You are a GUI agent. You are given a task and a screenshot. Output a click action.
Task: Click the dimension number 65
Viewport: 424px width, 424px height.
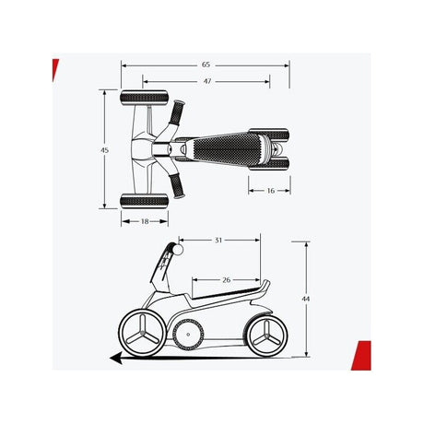click(206, 65)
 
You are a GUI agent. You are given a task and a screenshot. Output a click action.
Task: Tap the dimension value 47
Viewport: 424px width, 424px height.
click(207, 81)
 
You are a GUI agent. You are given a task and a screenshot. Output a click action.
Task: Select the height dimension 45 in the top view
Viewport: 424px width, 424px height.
click(105, 150)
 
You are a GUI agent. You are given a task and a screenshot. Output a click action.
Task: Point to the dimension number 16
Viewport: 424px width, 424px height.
click(270, 191)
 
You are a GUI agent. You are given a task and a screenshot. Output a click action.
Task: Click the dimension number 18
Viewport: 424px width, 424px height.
click(145, 221)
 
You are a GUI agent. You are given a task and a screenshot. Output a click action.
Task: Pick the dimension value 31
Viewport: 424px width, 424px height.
click(218, 241)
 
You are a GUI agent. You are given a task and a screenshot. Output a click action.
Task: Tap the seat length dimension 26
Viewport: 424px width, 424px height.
click(226, 280)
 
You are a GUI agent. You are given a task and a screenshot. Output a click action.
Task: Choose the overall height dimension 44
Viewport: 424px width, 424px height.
click(306, 299)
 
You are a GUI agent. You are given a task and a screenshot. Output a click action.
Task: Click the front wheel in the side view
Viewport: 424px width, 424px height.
click(142, 333)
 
